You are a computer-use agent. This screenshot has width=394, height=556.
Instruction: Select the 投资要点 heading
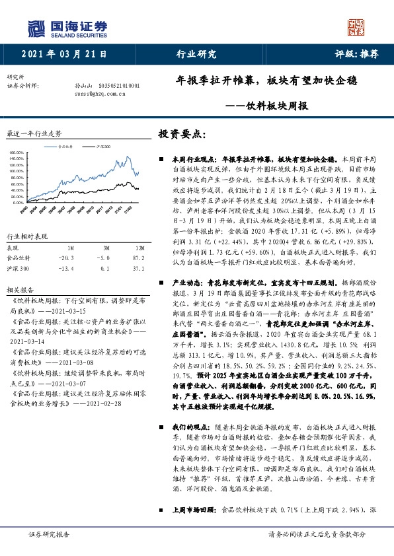pos(182,133)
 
